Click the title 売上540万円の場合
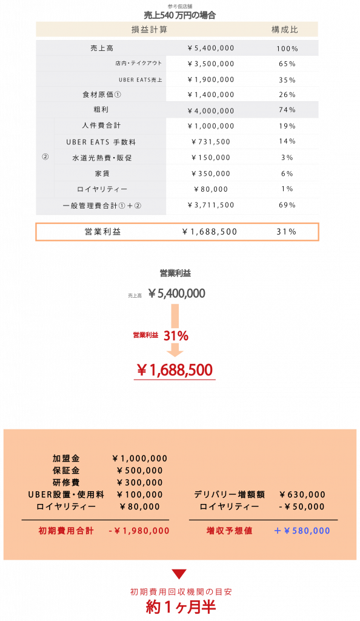coord(179,15)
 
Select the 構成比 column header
coord(284,30)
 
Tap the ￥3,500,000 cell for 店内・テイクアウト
coord(211,64)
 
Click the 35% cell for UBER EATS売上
coord(287,80)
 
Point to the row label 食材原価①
coord(102,95)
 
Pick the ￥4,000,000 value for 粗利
coord(211,111)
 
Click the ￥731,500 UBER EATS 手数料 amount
coord(211,142)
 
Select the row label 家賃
coord(102,173)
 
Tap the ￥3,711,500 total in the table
coord(211,205)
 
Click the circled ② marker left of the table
coord(45,157)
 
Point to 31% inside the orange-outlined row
coord(287,232)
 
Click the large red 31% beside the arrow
coord(176,336)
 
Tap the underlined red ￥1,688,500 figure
coord(175,371)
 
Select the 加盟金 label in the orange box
coord(66,458)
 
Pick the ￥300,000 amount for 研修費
coord(140,483)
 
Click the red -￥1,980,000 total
coord(139,531)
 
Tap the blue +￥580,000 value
coord(302,531)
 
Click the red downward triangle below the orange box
coord(179,574)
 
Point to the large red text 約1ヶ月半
coord(181,607)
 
